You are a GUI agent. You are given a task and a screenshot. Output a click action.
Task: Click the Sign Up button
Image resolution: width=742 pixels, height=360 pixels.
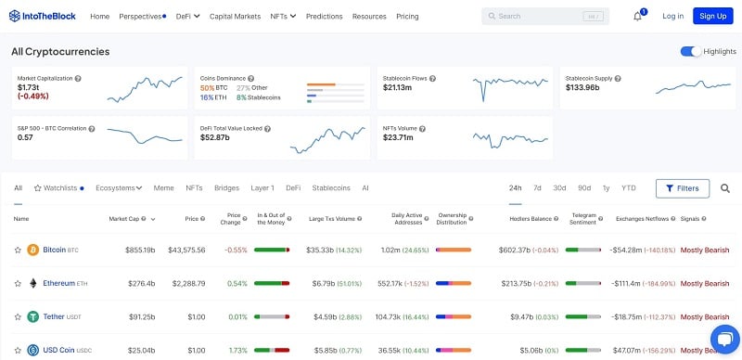pos(713,16)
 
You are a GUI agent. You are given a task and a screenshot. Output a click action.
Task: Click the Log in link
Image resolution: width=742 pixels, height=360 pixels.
pos(672,16)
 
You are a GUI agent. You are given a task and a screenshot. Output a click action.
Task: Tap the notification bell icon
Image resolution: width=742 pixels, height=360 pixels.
pos(637,16)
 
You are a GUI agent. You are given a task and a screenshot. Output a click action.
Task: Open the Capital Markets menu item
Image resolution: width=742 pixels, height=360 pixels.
pos(235,16)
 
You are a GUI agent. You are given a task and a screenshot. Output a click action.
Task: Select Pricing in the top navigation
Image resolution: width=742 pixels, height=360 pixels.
pos(407,16)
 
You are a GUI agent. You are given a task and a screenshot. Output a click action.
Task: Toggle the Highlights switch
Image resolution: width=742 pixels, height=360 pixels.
pos(690,51)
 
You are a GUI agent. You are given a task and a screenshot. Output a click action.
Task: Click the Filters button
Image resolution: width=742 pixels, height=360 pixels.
pos(682,188)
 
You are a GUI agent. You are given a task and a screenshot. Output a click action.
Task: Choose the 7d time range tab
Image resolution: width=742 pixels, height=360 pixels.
pos(537,187)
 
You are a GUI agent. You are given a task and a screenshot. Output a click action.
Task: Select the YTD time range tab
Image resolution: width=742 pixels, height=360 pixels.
pos(628,187)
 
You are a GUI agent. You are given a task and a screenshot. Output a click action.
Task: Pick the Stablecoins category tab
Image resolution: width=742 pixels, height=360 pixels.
pos(331,187)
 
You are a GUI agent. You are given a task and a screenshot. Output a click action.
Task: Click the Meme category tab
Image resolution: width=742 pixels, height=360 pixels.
pos(163,187)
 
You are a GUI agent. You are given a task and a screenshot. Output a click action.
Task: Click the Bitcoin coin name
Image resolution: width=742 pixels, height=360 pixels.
pos(55,250)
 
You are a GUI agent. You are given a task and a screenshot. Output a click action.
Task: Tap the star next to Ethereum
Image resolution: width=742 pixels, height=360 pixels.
pos(18,283)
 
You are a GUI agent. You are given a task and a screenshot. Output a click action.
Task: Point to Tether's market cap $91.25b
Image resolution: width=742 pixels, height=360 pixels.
pos(140,316)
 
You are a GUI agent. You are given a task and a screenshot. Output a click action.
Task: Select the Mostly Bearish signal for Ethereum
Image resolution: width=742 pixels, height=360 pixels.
pos(705,283)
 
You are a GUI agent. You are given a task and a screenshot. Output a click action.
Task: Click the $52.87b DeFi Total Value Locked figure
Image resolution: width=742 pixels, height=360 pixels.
pos(214,137)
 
